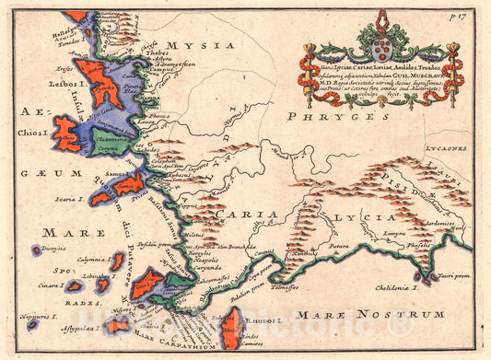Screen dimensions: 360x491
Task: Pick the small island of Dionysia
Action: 38,250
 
